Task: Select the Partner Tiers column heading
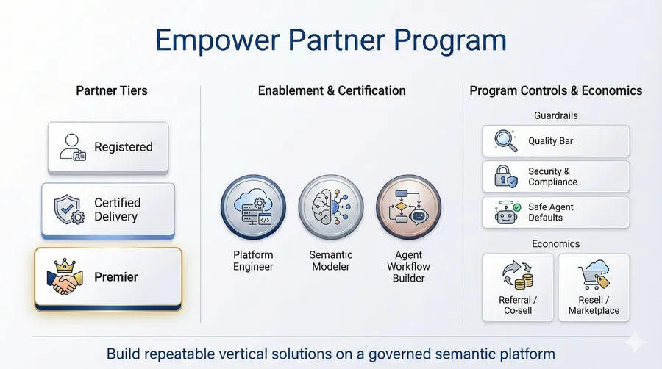coord(112,91)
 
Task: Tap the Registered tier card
coord(108,147)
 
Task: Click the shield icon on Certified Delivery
coord(68,209)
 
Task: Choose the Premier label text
coord(116,277)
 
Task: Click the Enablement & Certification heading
coord(332,91)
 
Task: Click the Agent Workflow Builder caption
coord(408,266)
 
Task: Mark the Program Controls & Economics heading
coord(555,91)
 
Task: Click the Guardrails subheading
coord(555,115)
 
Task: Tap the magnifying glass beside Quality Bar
coord(505,140)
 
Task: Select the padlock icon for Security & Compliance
coord(505,176)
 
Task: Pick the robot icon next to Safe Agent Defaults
coord(505,212)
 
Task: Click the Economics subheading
coord(555,243)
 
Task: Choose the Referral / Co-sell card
coord(518,287)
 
